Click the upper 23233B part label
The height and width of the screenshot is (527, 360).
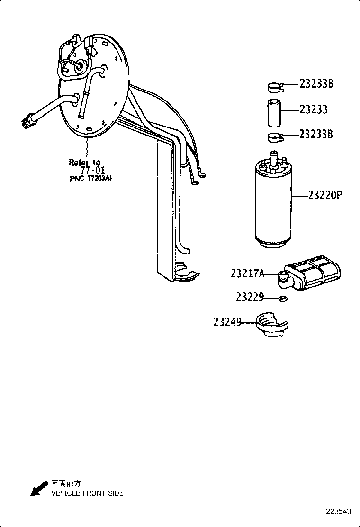point(316,84)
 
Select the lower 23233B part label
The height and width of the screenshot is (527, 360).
point(316,134)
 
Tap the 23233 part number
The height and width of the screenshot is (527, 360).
point(314,109)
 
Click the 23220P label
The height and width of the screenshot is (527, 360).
point(325,195)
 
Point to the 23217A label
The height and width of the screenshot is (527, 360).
point(247,273)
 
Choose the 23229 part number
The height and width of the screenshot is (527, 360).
point(250,297)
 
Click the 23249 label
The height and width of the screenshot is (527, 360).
point(227,322)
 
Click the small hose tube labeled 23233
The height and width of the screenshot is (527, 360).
point(273,113)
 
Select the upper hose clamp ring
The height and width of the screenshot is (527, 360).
point(273,87)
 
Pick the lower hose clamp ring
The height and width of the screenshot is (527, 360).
point(273,137)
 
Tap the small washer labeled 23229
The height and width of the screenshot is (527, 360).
point(283,299)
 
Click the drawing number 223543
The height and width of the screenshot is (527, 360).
point(338,512)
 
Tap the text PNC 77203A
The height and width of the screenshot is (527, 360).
point(90,179)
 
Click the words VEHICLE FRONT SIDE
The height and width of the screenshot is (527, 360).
point(87,493)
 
